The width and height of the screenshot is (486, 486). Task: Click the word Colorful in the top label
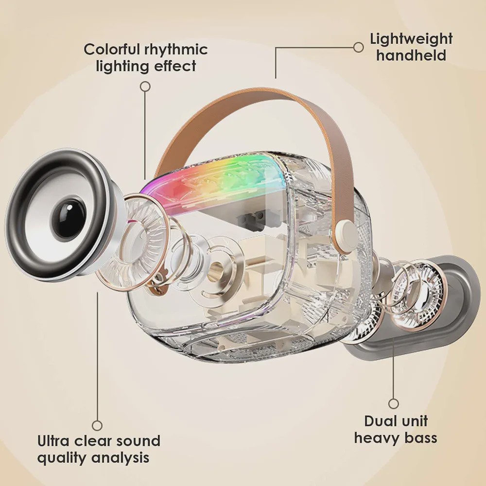tap(112, 49)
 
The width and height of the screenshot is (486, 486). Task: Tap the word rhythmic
tap(176, 50)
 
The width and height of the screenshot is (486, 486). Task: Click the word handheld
tap(411, 55)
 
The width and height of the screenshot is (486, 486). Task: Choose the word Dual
tap(380, 421)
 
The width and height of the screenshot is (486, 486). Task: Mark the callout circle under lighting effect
tap(145, 87)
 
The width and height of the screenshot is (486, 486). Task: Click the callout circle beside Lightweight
tap(358, 48)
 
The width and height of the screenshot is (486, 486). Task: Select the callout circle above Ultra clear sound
tap(97, 425)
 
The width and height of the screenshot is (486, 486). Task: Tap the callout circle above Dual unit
tap(393, 403)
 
